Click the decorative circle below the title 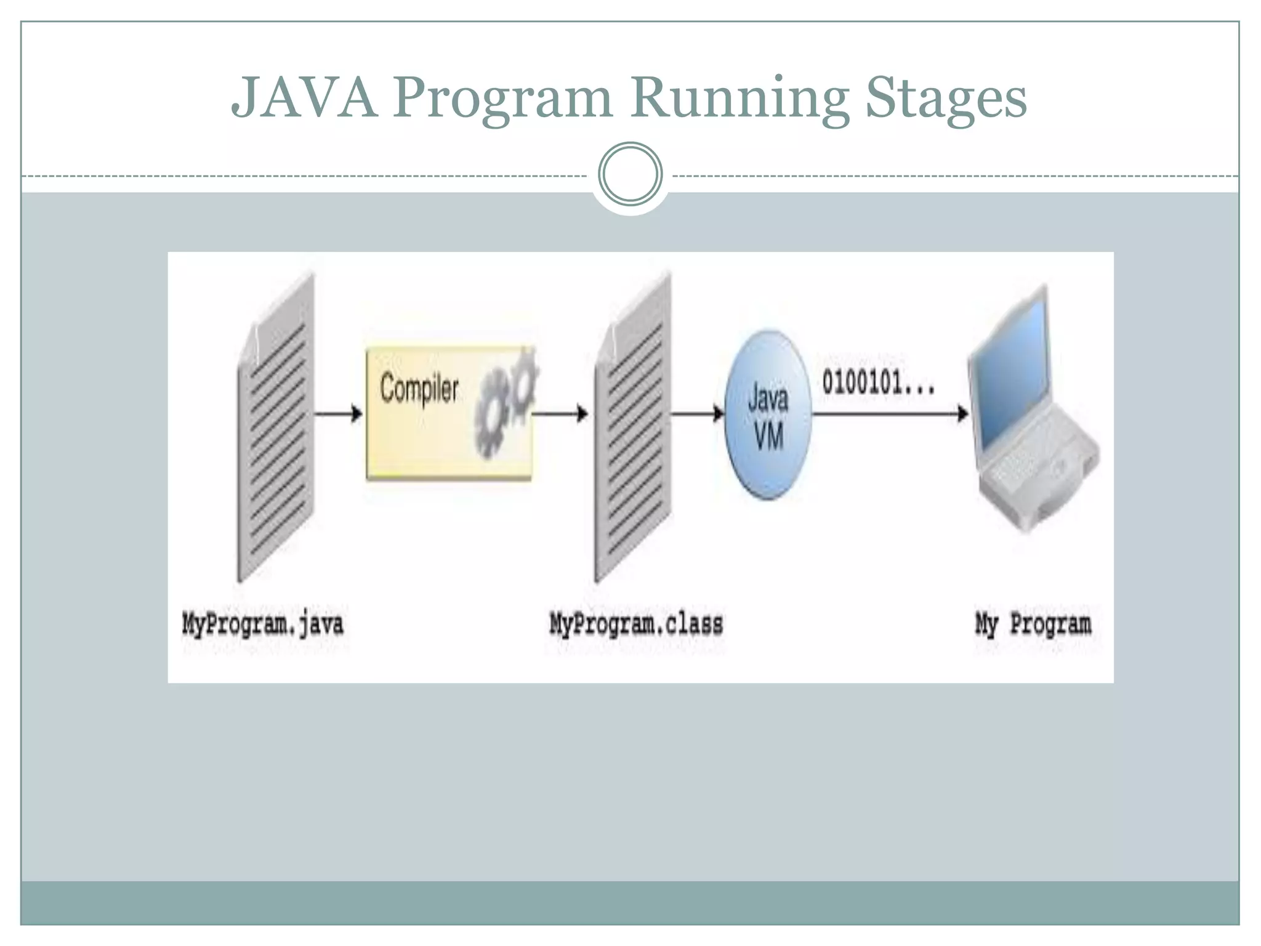tap(630, 174)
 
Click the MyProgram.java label tap(262, 624)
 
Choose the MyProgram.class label tap(636, 624)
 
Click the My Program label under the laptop tap(1033, 624)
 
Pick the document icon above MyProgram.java tap(276, 431)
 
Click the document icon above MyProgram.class tap(633, 431)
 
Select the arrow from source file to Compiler tap(338, 414)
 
